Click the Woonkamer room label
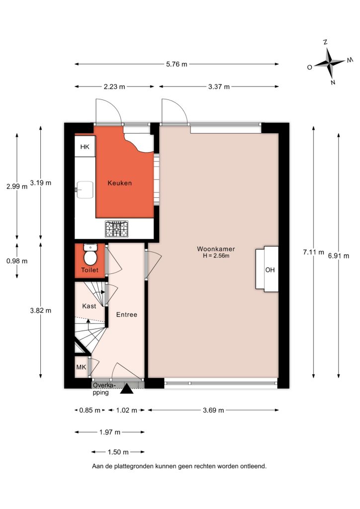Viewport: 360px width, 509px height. pos(216,249)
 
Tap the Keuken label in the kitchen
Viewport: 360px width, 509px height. pos(120,183)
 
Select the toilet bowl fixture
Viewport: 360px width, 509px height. pos(90,255)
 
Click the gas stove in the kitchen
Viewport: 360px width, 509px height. pos(116,229)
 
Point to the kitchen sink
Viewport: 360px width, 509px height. pos(85,189)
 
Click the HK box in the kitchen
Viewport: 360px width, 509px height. pos(85,147)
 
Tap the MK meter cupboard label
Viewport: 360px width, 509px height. pos(81,367)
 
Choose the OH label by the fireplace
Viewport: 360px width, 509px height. pos(270,270)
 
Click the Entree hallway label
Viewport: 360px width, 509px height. pos(127,315)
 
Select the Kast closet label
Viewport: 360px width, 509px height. pos(89,306)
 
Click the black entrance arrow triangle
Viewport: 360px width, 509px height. pos(127,389)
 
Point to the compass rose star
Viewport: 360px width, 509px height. pos(330,62)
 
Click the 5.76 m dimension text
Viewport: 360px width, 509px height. pos(177,64)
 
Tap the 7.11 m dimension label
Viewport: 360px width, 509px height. pos(314,252)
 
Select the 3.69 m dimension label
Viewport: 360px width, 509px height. pos(213,410)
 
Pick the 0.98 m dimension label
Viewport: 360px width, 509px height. pos(17,261)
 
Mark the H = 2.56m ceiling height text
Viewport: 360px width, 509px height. pos(216,256)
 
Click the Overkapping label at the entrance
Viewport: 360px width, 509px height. pos(104,389)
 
